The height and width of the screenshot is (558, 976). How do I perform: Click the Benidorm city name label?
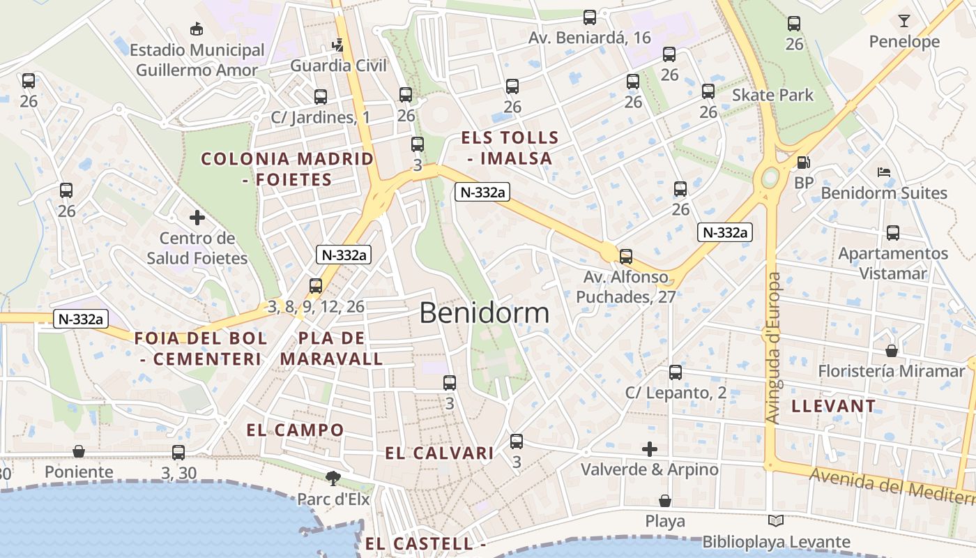484,313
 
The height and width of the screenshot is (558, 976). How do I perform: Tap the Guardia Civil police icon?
338,45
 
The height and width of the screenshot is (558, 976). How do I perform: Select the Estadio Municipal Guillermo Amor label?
197,60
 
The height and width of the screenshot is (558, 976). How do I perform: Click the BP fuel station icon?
803,163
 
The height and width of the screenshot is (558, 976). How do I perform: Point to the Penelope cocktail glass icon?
904,20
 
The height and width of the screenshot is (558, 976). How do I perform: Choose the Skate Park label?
772,95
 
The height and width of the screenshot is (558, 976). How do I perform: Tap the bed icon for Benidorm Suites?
884,172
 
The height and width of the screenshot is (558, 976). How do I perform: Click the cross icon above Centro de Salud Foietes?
197,218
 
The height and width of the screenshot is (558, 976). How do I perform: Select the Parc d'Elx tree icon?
333,478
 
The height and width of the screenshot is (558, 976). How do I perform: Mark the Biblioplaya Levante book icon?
776,520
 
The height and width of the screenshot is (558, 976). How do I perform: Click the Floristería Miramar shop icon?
891,350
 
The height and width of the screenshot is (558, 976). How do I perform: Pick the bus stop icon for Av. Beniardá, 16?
590,17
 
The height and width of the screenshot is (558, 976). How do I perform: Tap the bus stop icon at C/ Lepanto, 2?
676,372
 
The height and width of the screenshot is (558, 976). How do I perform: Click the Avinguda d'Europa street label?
773,347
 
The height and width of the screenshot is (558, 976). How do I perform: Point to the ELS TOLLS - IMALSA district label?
510,148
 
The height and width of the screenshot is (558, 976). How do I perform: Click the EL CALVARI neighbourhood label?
439,453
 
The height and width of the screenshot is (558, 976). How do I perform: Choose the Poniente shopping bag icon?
79,451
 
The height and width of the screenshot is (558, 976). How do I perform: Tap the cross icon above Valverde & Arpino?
650,449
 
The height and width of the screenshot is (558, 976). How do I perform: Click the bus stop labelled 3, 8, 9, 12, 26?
316,285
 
